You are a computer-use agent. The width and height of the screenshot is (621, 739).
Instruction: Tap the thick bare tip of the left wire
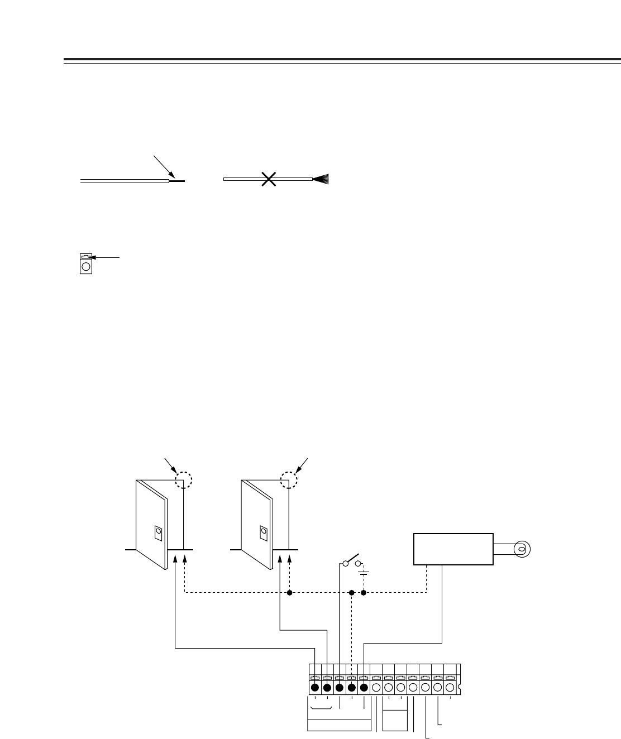pos(176,181)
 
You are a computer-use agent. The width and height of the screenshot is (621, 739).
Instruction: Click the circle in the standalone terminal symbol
pos(85,267)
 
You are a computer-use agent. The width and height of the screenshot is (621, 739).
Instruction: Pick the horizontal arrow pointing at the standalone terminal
pos(106,257)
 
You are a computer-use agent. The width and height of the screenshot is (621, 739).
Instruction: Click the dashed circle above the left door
pos(183,481)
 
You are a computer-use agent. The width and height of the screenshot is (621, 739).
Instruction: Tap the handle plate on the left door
pos(158,533)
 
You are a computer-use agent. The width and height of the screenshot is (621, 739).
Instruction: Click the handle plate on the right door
pos(263,533)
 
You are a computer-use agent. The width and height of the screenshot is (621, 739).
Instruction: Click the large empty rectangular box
pos(453,549)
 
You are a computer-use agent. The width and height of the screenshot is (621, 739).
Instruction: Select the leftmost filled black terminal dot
pos(315,688)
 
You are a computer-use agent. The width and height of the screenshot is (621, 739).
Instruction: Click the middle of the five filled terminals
pos(340,688)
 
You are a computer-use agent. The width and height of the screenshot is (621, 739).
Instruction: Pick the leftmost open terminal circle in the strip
pos(376,688)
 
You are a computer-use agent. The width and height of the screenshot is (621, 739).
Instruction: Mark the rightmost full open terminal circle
pos(450,688)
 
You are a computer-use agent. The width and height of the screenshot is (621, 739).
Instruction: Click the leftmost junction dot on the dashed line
pos(290,593)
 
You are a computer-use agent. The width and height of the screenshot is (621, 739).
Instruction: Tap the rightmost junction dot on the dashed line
pos(364,593)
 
